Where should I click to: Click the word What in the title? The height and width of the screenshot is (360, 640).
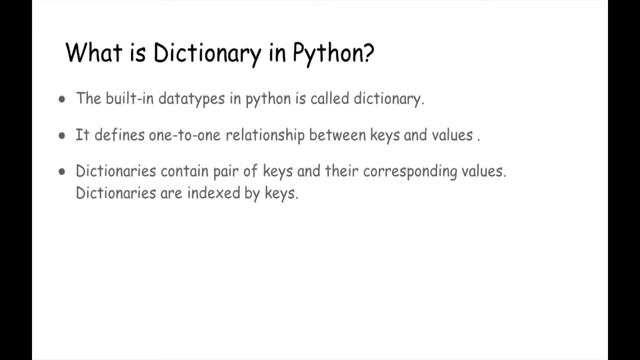[x=90, y=53]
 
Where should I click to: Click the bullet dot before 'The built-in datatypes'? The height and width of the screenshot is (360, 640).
[x=63, y=100]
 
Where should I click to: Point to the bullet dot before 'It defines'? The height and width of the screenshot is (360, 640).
[x=63, y=133]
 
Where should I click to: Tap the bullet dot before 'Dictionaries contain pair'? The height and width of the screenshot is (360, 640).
[x=63, y=171]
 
